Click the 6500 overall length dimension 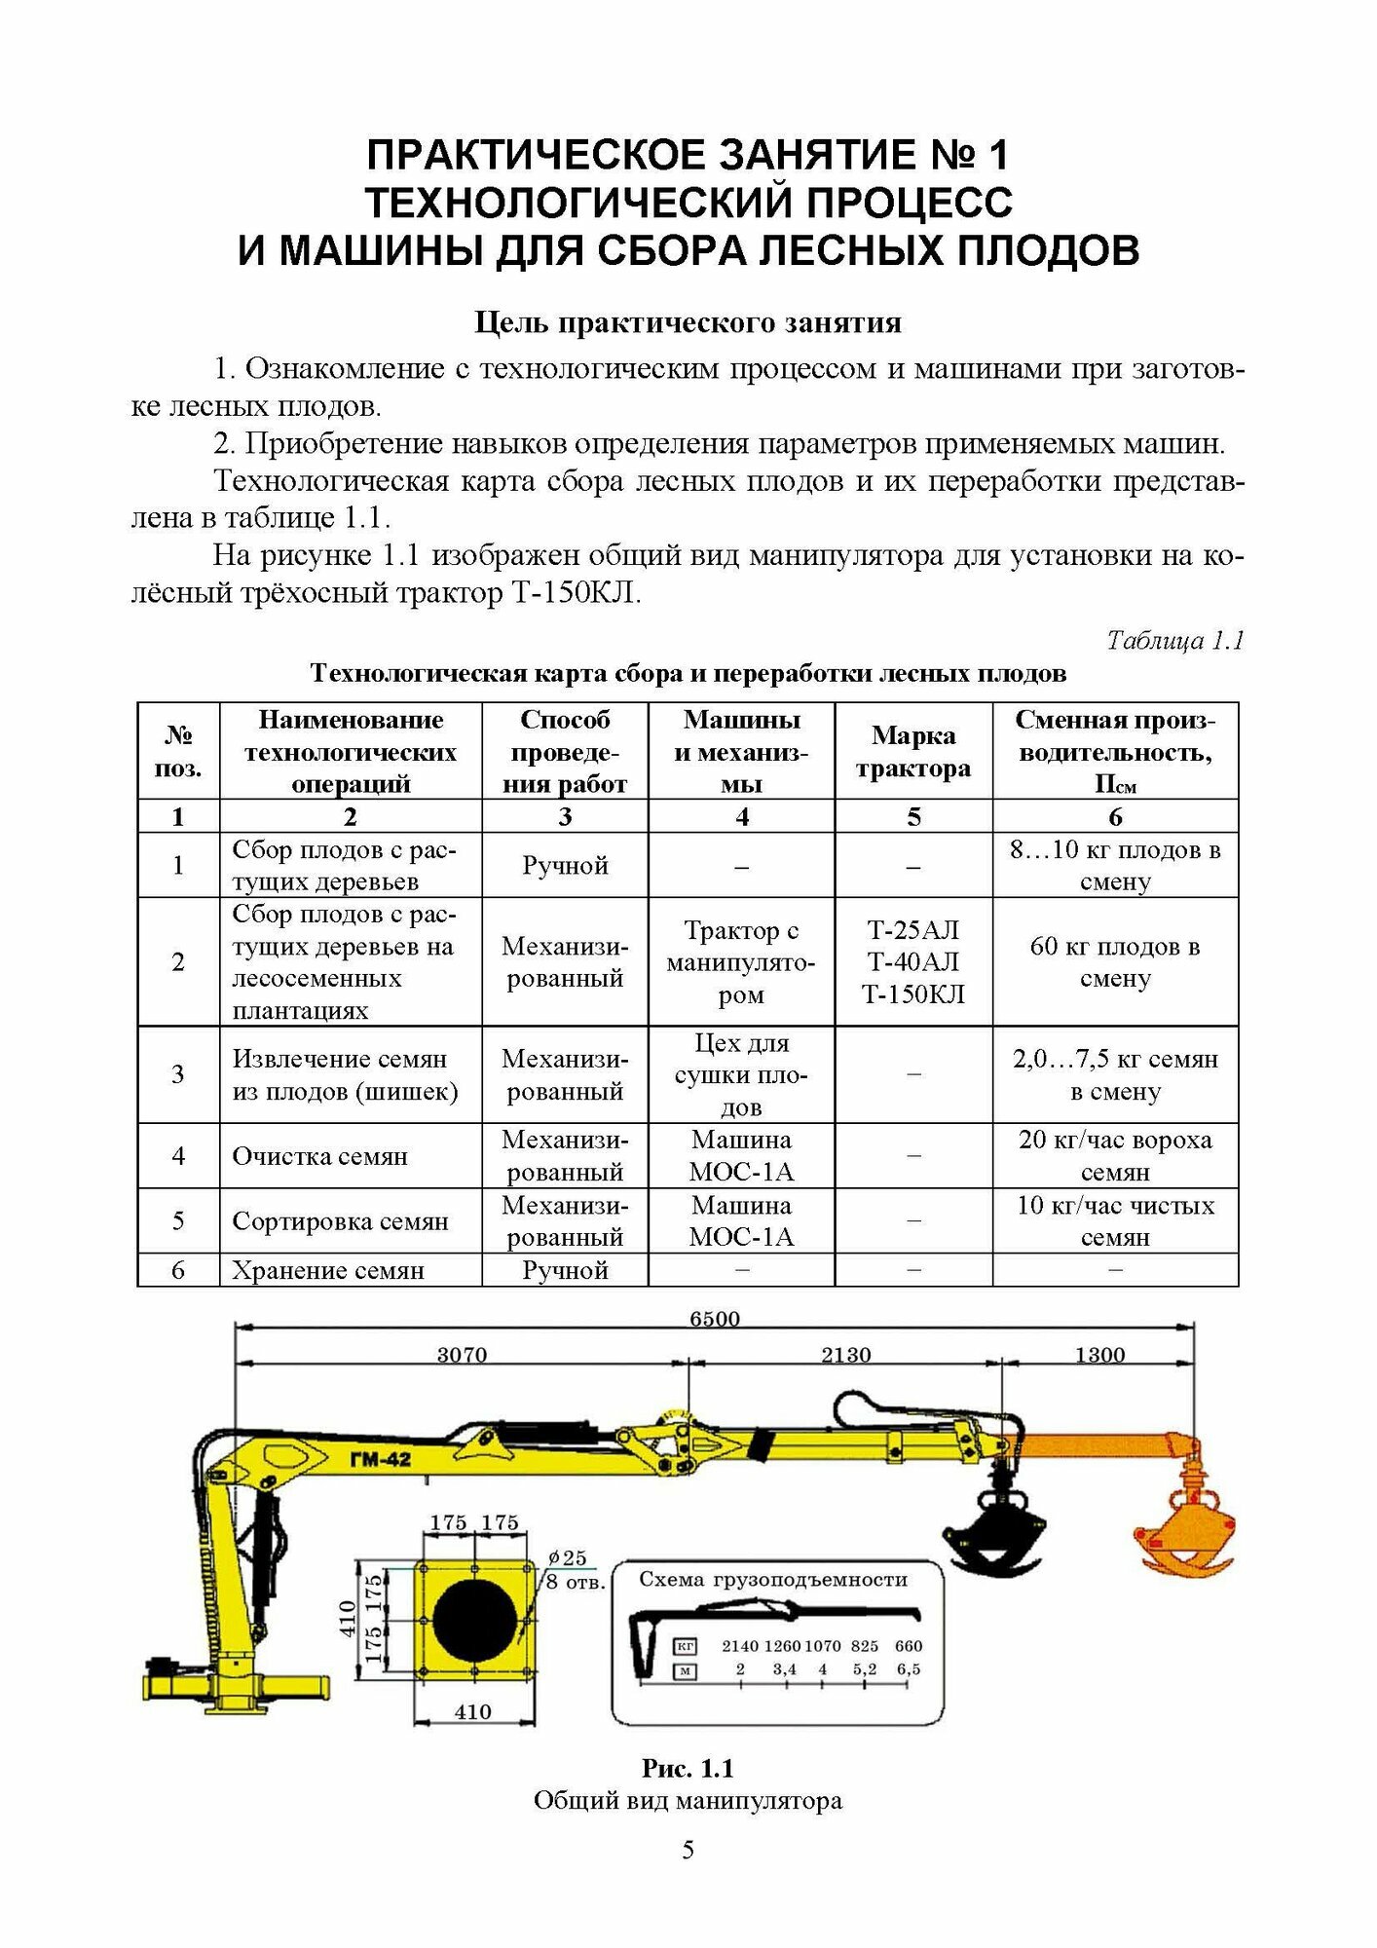[x=714, y=1318]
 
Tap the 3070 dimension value [x=462, y=1354]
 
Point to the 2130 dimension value [x=845, y=1354]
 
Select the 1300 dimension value [x=1099, y=1354]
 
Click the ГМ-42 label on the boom [x=380, y=1459]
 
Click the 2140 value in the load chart [x=740, y=1645]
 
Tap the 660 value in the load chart [x=908, y=1645]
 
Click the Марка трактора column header [x=912, y=752]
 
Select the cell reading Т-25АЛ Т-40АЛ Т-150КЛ [x=912, y=961]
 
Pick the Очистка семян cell [x=319, y=1156]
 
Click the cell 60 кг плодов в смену [x=1115, y=961]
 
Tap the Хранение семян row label [x=328, y=1270]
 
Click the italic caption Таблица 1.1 [x=1174, y=640]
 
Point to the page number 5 [x=688, y=1850]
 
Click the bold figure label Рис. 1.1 [x=688, y=1768]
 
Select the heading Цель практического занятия [x=688, y=322]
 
